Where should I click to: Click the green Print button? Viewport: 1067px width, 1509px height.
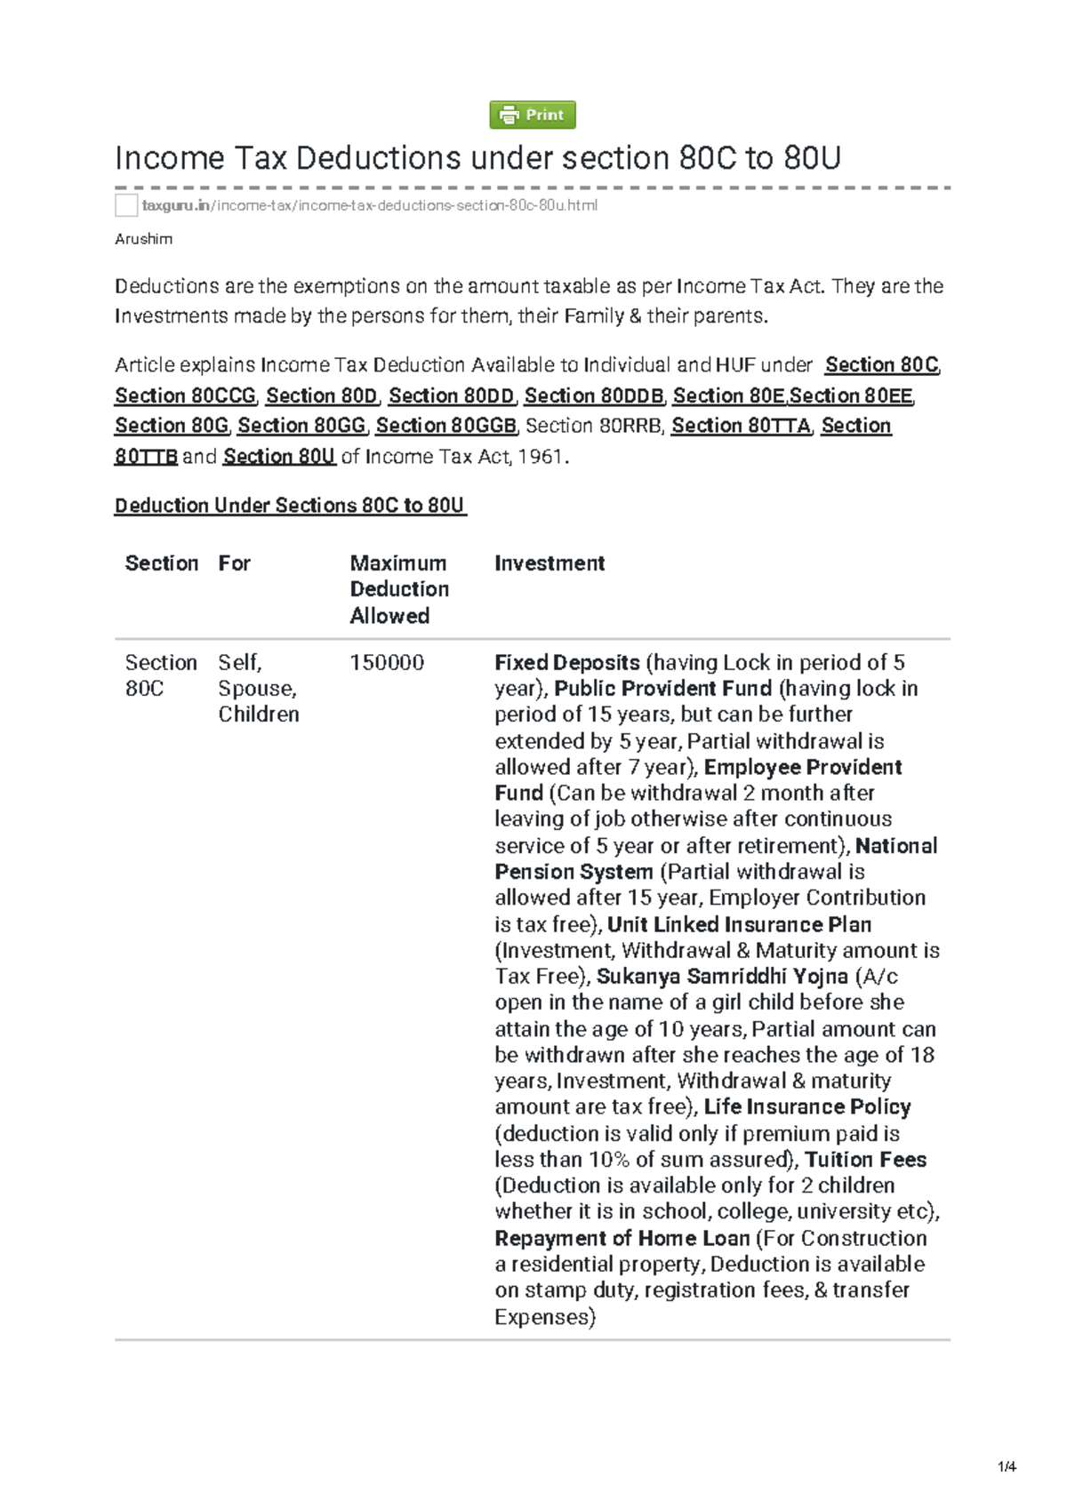tap(533, 115)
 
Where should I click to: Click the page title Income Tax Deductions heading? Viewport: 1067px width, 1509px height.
tap(477, 158)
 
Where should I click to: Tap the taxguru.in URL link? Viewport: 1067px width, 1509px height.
tap(369, 205)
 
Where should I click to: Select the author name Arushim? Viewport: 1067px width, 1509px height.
tap(143, 239)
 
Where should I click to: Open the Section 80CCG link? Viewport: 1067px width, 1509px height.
tap(185, 395)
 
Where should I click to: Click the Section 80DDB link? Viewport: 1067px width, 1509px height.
tap(593, 395)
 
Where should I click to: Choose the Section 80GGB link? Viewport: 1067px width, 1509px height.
tap(445, 426)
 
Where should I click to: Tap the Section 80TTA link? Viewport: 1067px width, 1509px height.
tap(741, 426)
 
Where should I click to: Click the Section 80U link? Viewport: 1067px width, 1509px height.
tap(279, 457)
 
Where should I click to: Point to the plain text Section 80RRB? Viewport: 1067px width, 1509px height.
tap(594, 426)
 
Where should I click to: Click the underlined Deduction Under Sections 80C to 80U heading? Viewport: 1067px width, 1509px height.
tap(290, 506)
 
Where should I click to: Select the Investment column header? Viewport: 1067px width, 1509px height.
tap(550, 563)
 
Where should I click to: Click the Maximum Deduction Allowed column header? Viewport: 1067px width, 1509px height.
tap(399, 589)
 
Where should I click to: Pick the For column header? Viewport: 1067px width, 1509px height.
tap(235, 563)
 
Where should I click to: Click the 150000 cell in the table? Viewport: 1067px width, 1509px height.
tap(387, 663)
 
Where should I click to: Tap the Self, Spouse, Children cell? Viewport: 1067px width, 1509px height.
tap(258, 689)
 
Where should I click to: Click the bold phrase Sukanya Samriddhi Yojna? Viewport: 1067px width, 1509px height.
tap(722, 977)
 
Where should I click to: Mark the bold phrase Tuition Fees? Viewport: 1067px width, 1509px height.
tap(866, 1160)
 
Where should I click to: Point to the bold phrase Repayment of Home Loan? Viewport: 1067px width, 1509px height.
tap(622, 1239)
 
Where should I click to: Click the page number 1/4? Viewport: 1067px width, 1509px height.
tap(1007, 1466)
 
